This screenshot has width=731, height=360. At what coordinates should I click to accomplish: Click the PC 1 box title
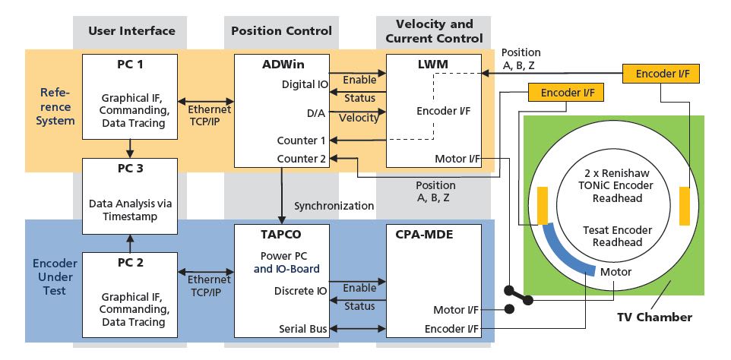pos(130,64)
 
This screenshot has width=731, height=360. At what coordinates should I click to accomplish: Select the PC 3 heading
pos(130,169)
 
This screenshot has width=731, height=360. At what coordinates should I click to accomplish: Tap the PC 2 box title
pos(130,264)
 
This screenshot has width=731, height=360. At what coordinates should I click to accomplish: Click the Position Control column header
pos(281,31)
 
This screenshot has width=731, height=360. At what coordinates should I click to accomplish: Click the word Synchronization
pos(334,206)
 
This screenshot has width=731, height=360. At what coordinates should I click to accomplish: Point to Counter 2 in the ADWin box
pos(303,159)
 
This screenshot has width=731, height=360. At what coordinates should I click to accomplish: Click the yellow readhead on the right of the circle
pos(684,209)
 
